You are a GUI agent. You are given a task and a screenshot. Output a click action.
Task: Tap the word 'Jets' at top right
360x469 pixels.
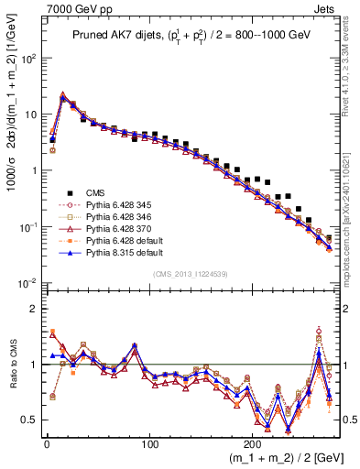tap(327, 7)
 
